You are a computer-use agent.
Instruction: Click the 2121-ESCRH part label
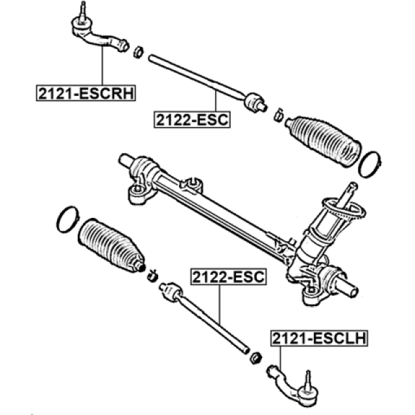point(86,93)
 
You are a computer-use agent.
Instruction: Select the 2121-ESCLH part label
point(319,338)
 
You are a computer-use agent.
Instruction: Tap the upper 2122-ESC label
point(192,120)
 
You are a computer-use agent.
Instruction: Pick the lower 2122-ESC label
point(229,277)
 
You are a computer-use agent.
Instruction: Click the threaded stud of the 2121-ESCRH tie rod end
point(83,10)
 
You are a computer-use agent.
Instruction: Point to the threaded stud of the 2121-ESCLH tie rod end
point(308,379)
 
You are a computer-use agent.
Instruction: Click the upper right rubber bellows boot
point(323,141)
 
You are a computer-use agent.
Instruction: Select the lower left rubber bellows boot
point(111,245)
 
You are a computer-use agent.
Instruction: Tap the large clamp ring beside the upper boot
point(369,164)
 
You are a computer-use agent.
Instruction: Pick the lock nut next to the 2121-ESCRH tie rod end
point(138,52)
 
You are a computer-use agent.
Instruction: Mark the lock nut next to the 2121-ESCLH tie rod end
point(256,358)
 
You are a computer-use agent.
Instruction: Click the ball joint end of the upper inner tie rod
point(254,102)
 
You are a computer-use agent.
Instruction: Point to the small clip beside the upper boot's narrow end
point(279,115)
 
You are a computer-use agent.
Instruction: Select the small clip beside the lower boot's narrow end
point(153,276)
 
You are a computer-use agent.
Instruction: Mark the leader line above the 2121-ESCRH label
point(102,65)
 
